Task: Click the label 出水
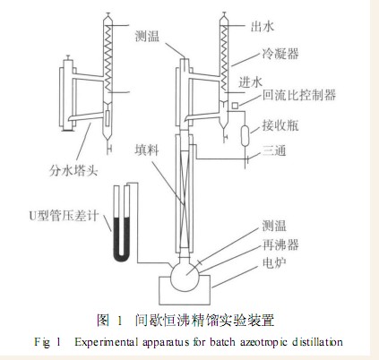(262, 27)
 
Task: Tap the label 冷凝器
(280, 54)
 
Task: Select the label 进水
(250, 81)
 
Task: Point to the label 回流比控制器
(299, 95)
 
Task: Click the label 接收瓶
(280, 125)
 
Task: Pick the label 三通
(274, 150)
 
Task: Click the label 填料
(147, 150)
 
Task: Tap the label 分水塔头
(73, 171)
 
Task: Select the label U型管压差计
(64, 216)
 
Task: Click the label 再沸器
(280, 244)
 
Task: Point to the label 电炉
(274, 262)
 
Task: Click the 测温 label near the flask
(274, 226)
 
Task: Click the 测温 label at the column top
(147, 36)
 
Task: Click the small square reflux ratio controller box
(235, 106)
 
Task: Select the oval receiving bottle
(245, 135)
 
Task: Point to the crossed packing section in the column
(185, 200)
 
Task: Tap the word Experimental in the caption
(107, 342)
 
